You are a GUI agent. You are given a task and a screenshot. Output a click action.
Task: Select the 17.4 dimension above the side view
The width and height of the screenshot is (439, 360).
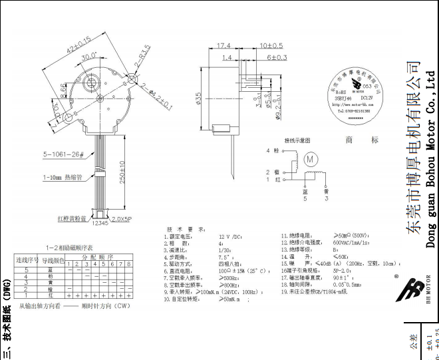(x=224, y=46)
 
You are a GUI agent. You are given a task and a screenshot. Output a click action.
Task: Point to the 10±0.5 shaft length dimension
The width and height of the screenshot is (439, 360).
(x=271, y=46)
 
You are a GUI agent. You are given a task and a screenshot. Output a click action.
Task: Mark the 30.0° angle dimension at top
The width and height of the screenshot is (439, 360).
(x=88, y=57)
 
